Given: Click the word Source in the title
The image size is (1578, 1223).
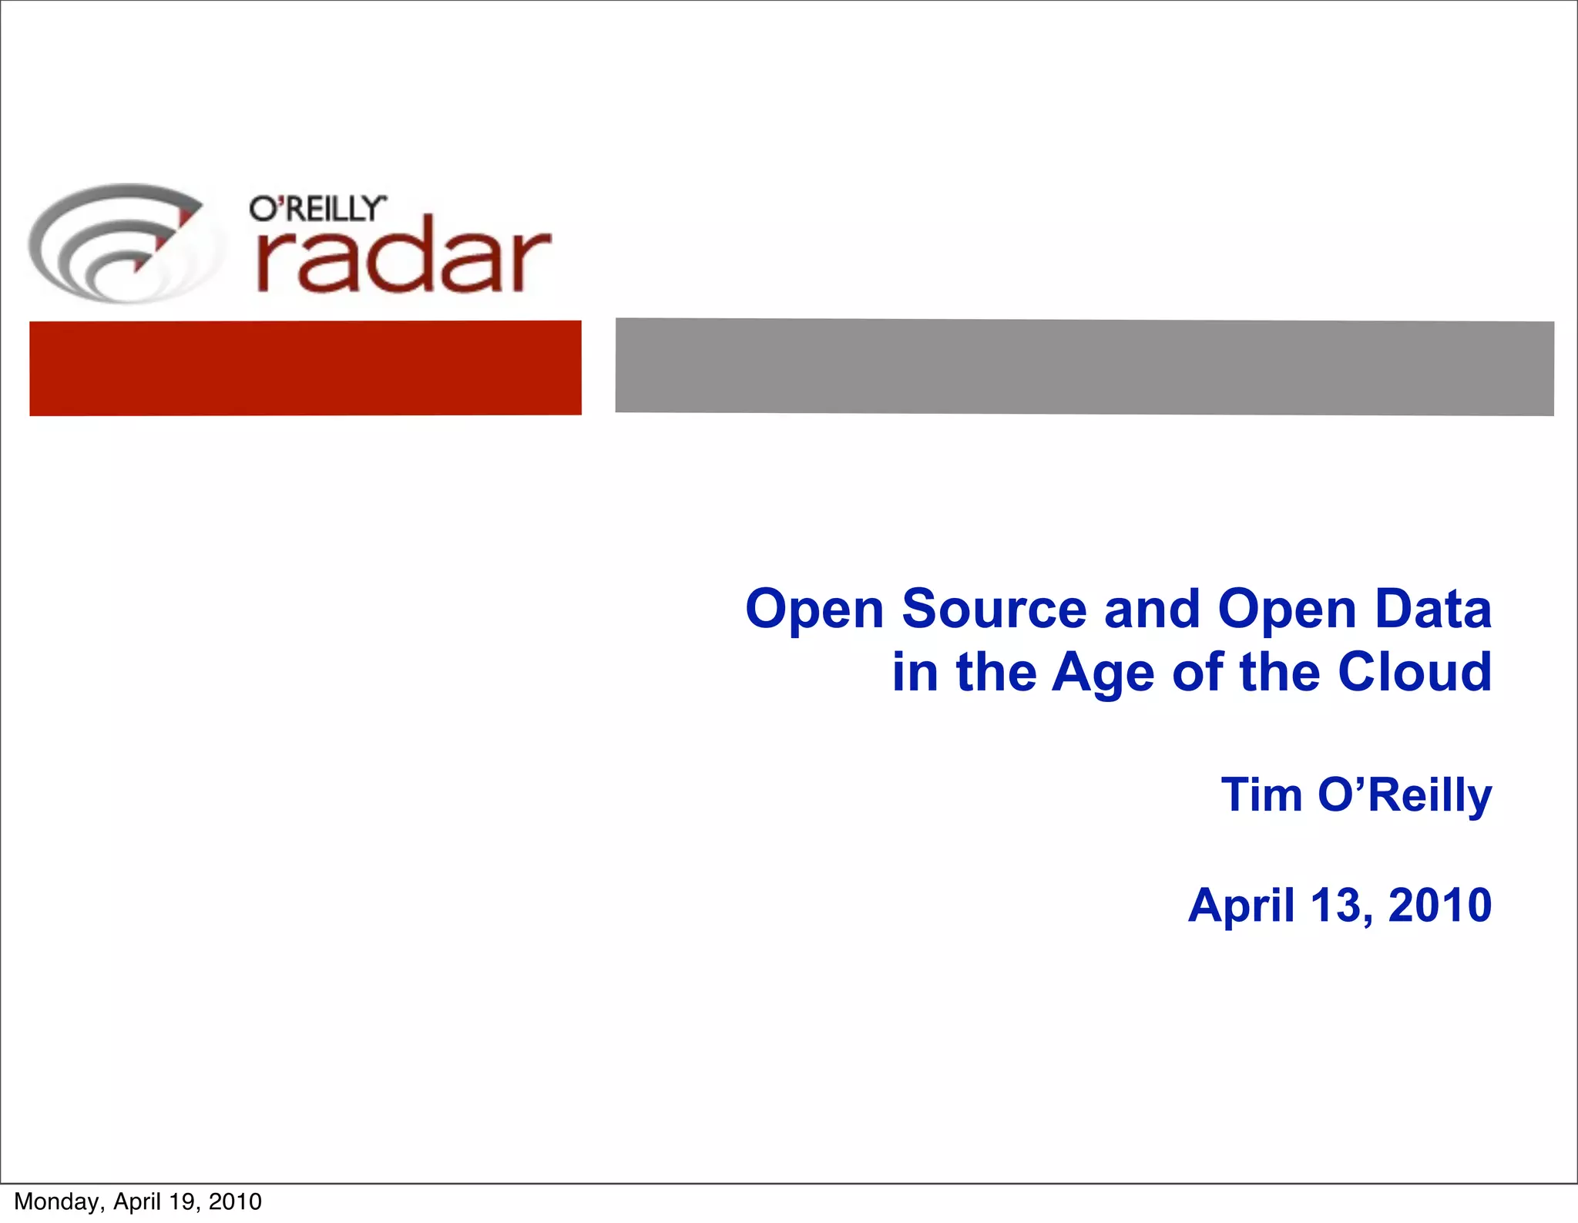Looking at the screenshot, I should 994,609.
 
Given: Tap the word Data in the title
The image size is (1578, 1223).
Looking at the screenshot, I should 1433,609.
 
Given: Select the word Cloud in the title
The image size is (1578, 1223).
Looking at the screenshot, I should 1415,672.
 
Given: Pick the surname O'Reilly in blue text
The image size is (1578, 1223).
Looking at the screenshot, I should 1404,796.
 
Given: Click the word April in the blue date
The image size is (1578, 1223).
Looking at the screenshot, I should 1241,905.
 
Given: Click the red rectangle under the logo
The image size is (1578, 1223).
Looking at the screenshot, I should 305,368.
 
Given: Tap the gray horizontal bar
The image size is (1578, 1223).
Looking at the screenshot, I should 1084,367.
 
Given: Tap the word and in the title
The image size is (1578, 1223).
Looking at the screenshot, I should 1152,609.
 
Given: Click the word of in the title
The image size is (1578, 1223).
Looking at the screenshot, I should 1197,672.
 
